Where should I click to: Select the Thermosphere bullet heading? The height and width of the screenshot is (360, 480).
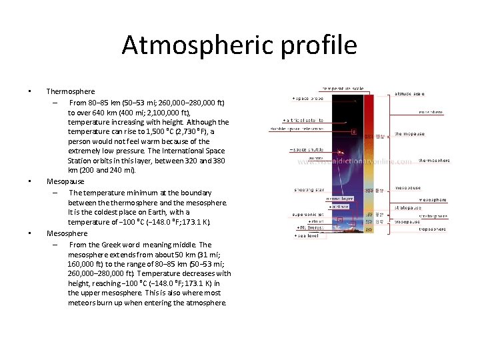(x=71, y=91)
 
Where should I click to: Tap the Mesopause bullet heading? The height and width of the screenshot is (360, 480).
(x=65, y=181)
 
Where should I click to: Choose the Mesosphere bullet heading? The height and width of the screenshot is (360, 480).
(x=67, y=233)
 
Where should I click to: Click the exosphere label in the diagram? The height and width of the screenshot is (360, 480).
(x=431, y=112)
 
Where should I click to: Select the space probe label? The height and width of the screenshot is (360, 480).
(x=308, y=98)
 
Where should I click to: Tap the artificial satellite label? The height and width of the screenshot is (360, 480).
(x=307, y=120)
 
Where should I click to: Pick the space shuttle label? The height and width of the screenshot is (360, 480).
(x=307, y=150)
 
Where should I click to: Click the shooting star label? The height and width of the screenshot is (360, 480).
(x=309, y=190)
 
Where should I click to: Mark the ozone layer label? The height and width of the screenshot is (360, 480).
(x=339, y=198)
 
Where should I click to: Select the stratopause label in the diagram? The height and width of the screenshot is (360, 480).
(x=408, y=207)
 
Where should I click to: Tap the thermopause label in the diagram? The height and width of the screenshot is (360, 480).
(x=409, y=134)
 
